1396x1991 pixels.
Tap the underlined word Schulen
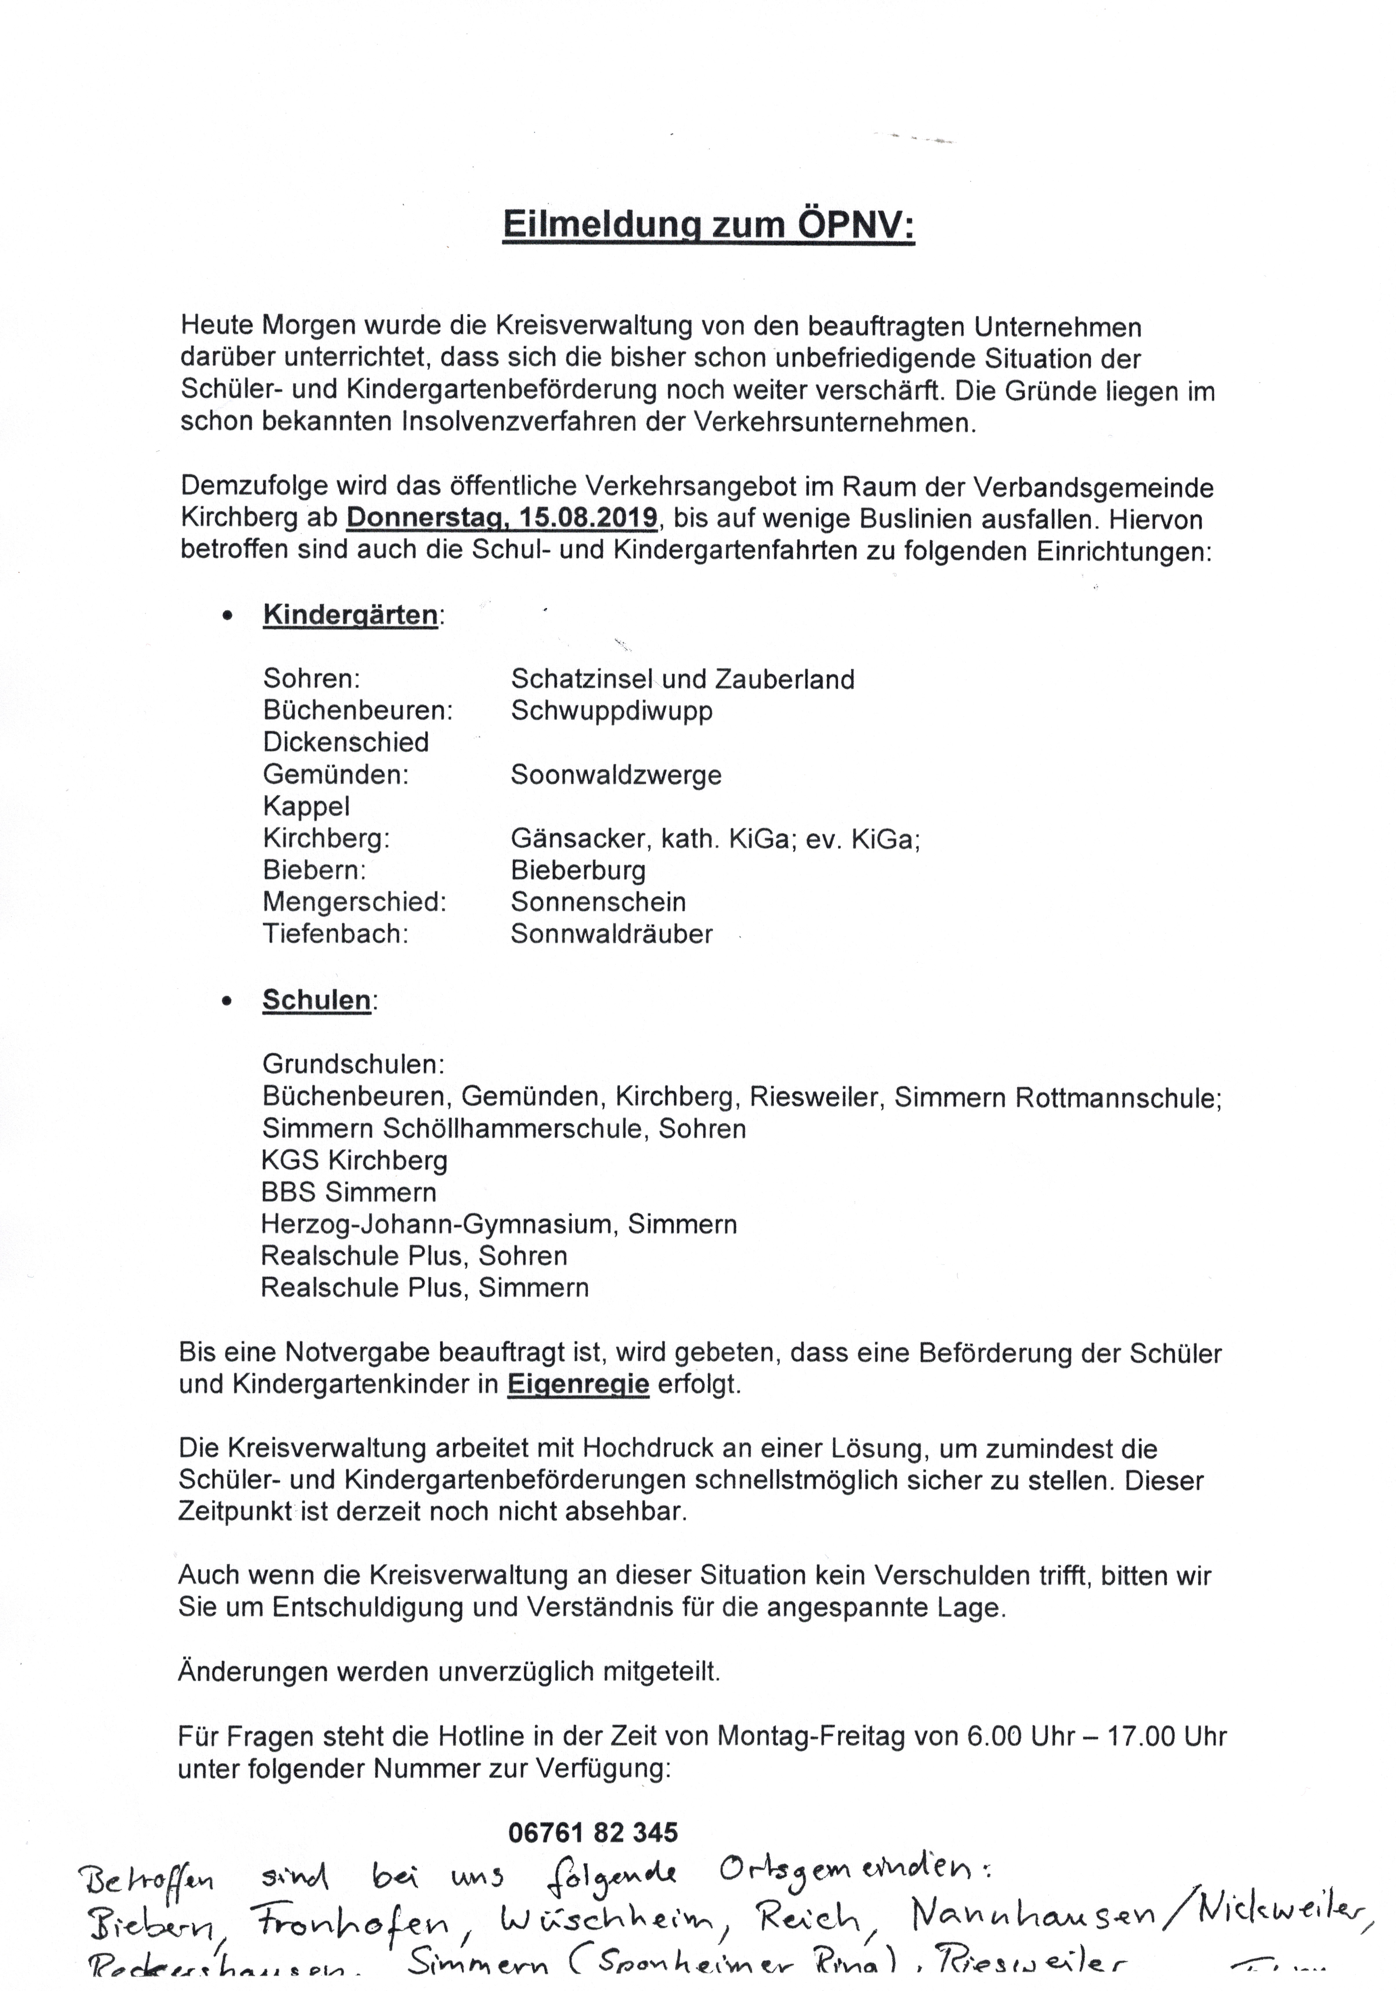(317, 1000)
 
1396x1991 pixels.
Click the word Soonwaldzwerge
(616, 774)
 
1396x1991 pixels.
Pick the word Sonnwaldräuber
(611, 934)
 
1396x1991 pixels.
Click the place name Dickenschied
(346, 742)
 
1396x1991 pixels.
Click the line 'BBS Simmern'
(348, 1192)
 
